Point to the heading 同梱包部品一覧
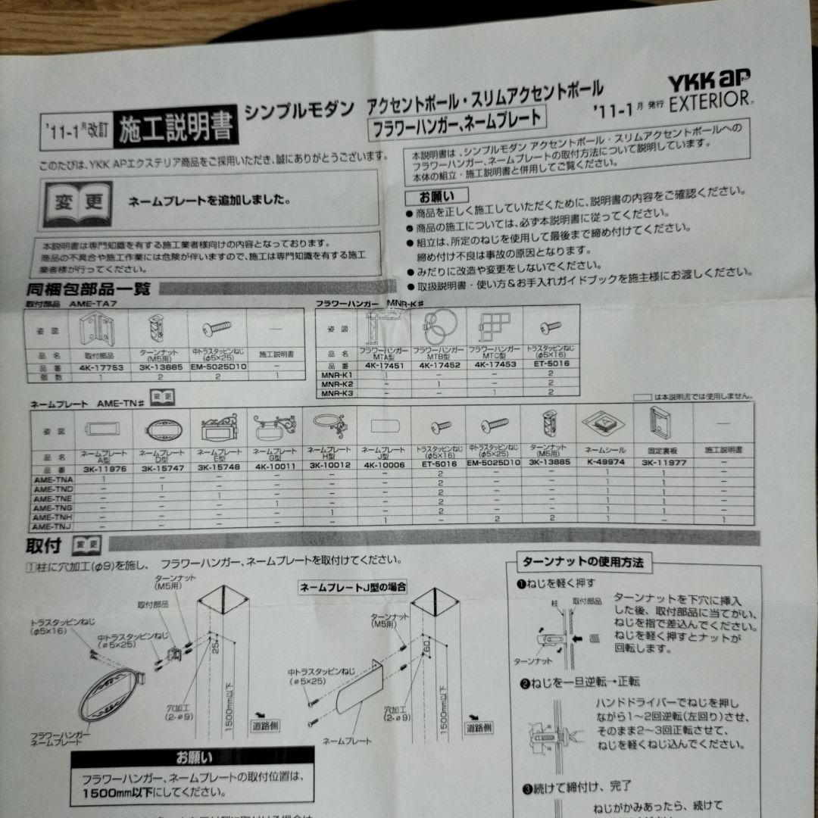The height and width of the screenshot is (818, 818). tap(89, 289)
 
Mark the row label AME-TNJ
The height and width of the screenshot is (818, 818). tap(52, 526)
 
